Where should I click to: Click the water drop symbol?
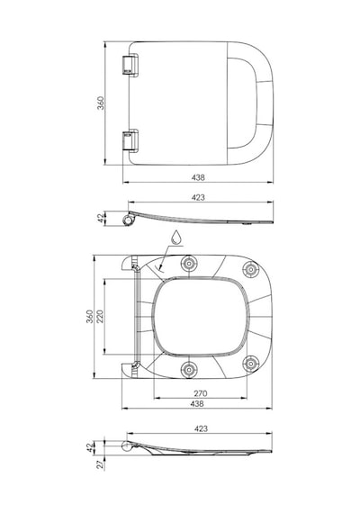click(x=176, y=237)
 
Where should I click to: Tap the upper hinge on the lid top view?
click(x=130, y=65)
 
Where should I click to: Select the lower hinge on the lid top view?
click(x=130, y=140)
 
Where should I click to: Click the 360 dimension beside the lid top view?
click(x=101, y=103)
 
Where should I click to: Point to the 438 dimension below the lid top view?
click(x=198, y=177)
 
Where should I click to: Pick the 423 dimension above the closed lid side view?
click(x=198, y=198)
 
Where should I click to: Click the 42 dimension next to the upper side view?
click(x=101, y=218)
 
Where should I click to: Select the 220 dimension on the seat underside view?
click(x=100, y=317)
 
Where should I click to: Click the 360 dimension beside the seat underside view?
click(x=90, y=317)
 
